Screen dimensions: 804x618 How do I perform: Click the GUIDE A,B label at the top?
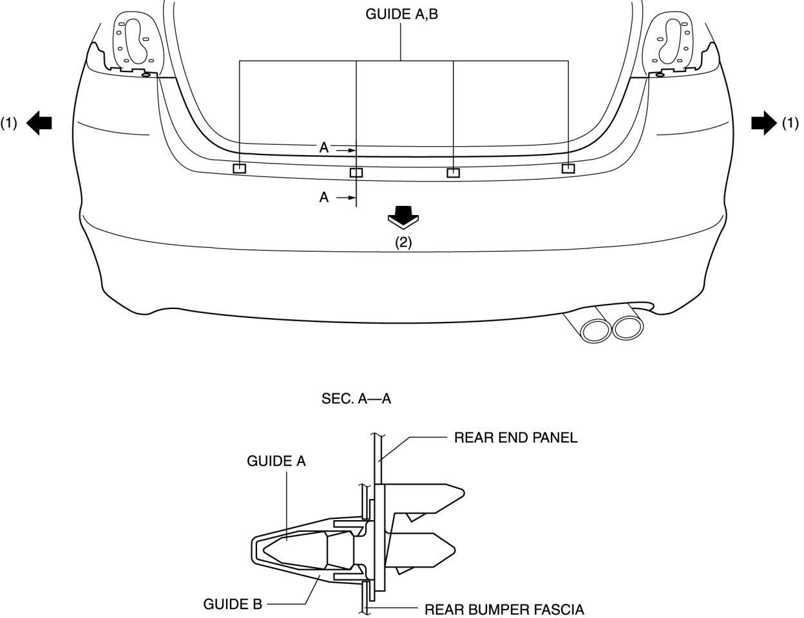(x=401, y=14)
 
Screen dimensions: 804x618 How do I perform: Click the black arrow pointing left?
(x=39, y=122)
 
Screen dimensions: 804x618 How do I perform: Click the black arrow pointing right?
(x=764, y=122)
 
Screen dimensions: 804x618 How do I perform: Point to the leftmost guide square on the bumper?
(x=239, y=169)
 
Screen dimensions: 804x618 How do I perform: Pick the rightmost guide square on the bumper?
(x=568, y=168)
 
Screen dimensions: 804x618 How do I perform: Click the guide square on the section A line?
(x=356, y=173)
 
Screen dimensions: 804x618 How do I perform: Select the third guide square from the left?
(x=454, y=173)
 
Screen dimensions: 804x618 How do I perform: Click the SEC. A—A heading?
(x=356, y=399)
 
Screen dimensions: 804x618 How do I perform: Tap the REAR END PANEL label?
(x=515, y=438)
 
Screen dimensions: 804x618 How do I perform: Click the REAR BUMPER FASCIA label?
(x=504, y=609)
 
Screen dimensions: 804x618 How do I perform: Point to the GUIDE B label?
(x=233, y=604)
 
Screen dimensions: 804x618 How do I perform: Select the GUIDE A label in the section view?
(x=276, y=461)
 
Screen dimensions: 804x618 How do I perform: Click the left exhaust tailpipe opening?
(x=596, y=330)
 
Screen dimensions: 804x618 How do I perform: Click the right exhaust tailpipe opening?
(x=627, y=328)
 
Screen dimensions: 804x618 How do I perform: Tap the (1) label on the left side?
(x=9, y=122)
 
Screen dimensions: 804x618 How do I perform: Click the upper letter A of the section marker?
(x=324, y=148)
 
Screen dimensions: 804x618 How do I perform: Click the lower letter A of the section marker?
(x=324, y=197)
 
